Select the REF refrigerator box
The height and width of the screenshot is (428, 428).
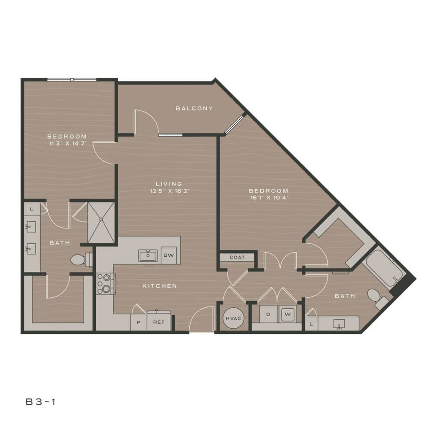point(159,322)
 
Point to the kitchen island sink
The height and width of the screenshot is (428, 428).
point(149,256)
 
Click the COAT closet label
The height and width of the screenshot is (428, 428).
point(237,258)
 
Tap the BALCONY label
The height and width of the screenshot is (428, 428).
point(194,108)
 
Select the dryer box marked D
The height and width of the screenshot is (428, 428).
point(268,315)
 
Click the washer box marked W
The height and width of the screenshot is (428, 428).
point(287,315)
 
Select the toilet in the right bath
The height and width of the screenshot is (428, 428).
point(376,297)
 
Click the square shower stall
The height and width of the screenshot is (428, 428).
point(101,223)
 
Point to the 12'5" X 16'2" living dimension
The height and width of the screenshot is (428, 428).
point(170,191)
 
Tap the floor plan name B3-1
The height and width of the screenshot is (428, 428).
point(41,401)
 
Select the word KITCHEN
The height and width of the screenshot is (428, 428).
point(160,286)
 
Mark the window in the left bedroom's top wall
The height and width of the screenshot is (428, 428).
point(71,79)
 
